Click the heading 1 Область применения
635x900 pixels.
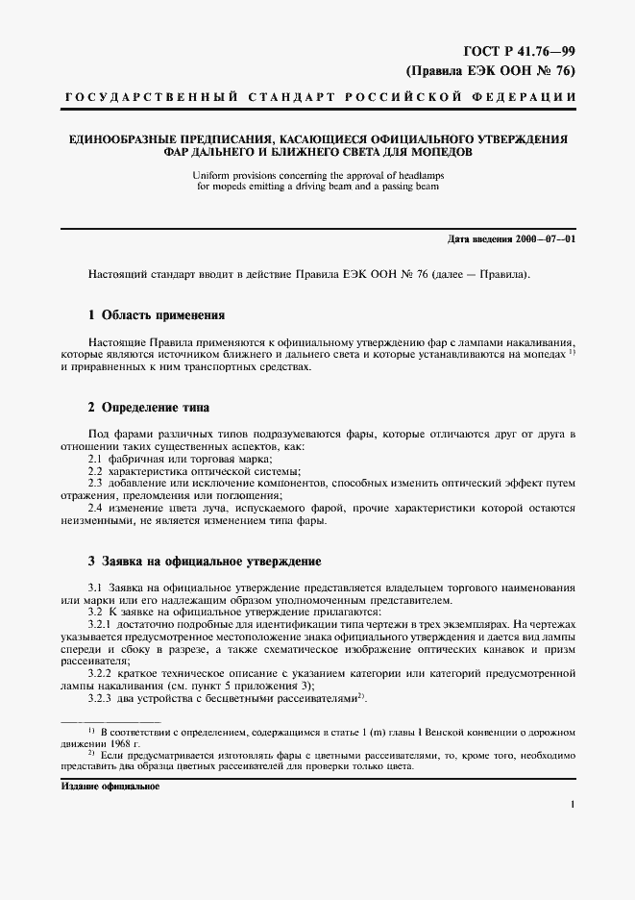157,314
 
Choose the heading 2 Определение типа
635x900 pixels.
149,408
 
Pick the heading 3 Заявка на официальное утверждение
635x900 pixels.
204,561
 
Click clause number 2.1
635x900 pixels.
95,459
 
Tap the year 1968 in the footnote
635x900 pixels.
113,743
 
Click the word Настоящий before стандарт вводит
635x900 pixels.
118,274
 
